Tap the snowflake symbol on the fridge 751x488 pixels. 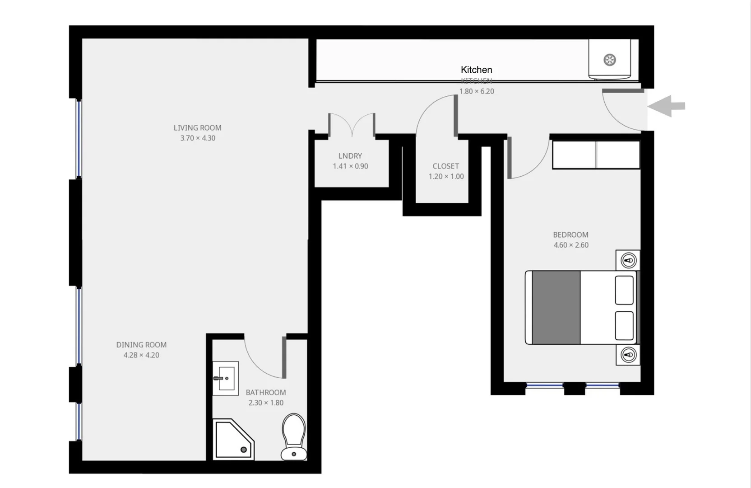(610, 60)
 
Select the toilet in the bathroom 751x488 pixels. (294, 436)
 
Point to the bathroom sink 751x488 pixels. (226, 378)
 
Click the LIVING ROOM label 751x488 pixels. (197, 128)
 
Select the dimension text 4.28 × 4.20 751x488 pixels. (141, 355)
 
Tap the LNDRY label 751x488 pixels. (350, 156)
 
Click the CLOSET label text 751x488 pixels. (445, 166)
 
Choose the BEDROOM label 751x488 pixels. (570, 235)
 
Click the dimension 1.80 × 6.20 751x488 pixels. (477, 91)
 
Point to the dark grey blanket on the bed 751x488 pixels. (556, 307)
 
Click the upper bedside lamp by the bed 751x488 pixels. (629, 261)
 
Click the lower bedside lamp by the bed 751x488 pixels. (629, 355)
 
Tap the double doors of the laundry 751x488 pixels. (352, 124)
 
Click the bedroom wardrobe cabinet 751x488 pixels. (596, 155)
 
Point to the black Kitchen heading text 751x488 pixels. (476, 70)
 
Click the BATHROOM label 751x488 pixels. (265, 393)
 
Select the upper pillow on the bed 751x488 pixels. (624, 290)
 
